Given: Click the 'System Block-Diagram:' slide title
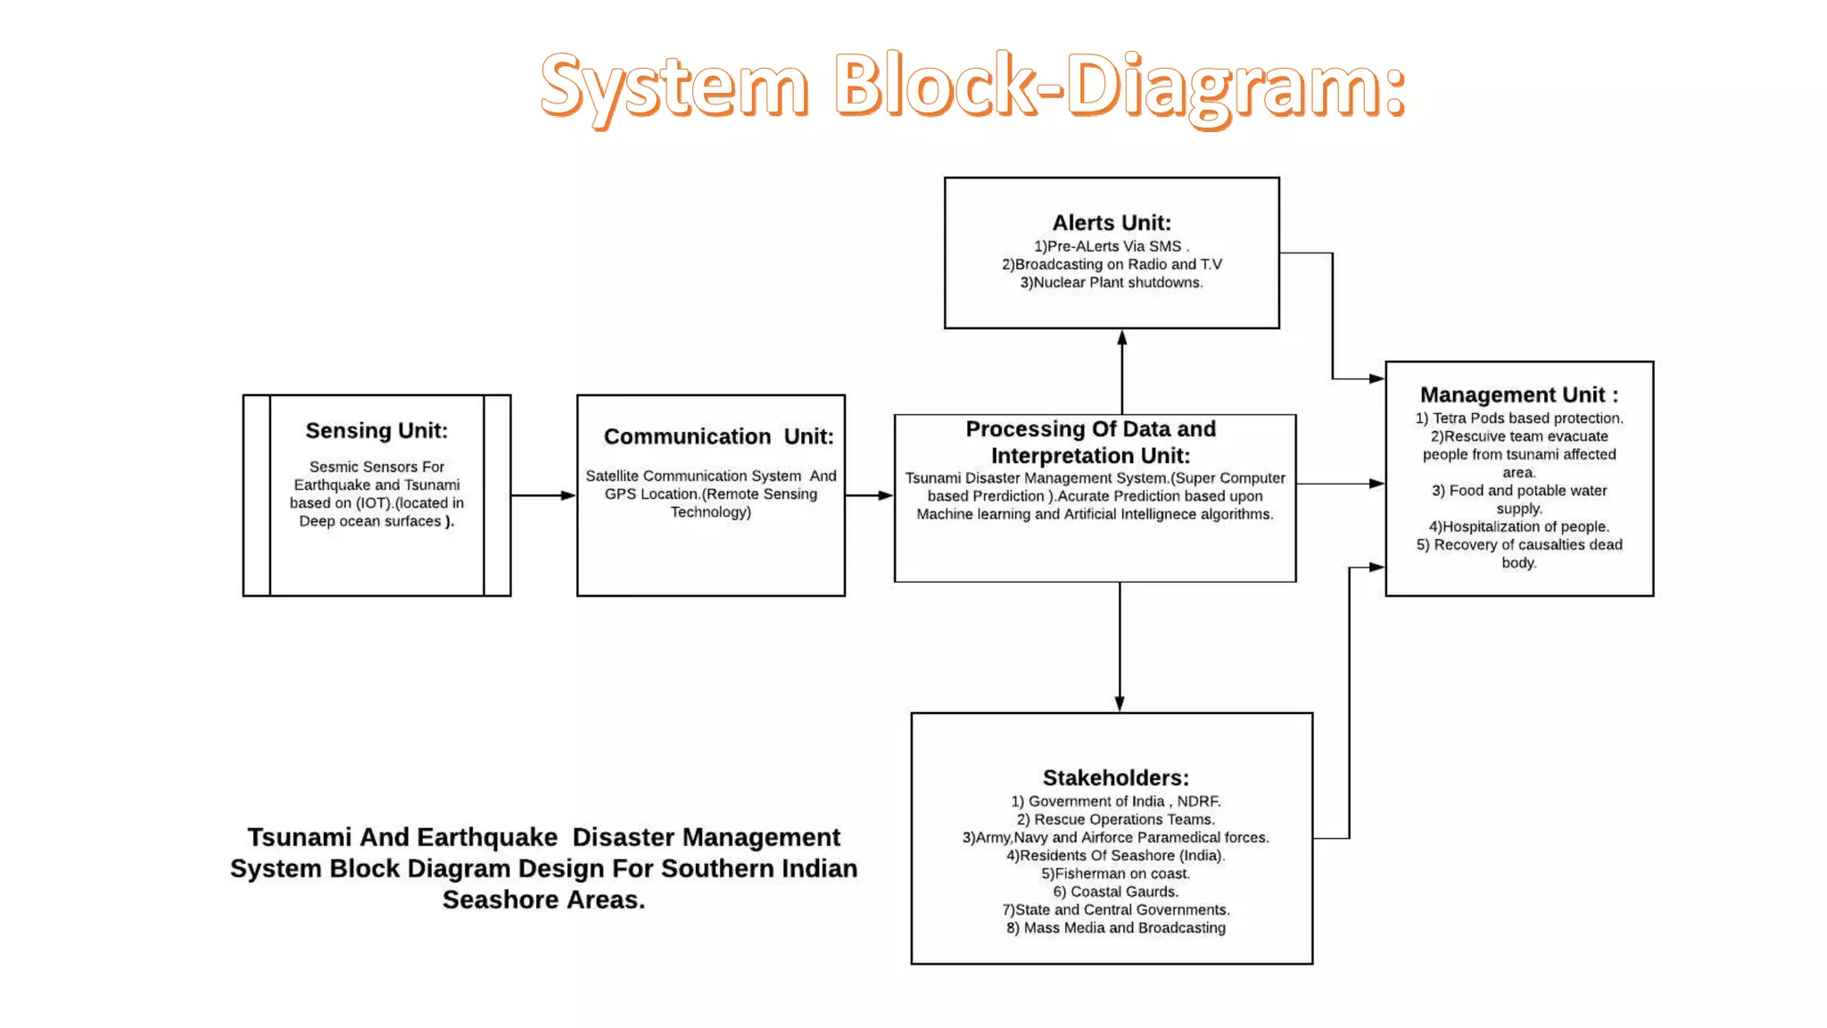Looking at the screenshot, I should point(972,87).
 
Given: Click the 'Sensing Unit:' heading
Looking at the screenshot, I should point(376,431).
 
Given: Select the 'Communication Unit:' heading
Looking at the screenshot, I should point(718,436).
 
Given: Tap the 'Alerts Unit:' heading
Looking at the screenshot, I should point(1112,223).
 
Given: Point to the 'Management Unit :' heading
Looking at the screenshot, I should point(1518,394).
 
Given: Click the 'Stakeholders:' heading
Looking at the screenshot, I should point(1115,778).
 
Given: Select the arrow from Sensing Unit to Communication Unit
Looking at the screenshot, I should point(543,495).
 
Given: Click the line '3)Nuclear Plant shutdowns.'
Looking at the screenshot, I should point(1112,283).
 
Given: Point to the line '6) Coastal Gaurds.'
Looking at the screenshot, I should point(1115,891).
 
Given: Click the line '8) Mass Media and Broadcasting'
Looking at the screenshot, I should point(1115,928).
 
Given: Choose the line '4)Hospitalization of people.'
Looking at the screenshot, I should point(1518,526).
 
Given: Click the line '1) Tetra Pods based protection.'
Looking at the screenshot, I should point(1518,419).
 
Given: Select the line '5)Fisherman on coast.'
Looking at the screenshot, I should point(1115,874).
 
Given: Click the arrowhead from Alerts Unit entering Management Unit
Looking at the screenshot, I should point(1376,379).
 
